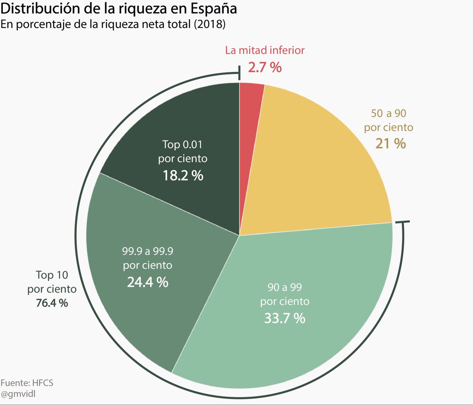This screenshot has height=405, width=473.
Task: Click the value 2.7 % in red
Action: point(265,67)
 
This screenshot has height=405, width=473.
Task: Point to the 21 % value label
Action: point(391,144)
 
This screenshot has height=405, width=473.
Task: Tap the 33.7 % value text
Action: point(285,318)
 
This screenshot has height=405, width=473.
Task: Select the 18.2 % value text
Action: point(183,175)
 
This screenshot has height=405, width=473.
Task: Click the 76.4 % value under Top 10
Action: point(52,303)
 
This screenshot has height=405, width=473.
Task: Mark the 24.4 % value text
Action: point(147,282)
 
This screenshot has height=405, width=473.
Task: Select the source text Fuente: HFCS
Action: point(26,383)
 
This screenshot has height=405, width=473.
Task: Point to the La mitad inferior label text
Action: point(265,50)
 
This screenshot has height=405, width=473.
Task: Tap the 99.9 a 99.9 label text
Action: point(147,250)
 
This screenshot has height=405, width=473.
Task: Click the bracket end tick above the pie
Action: point(239,73)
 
